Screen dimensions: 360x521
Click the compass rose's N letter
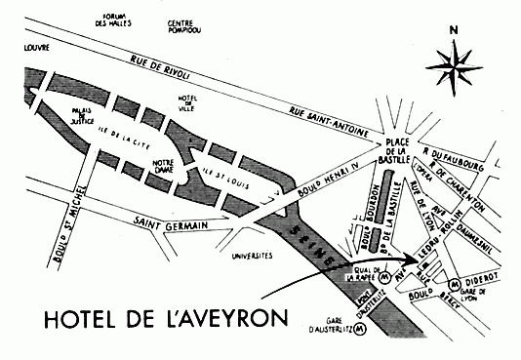pyautogui.click(x=453, y=28)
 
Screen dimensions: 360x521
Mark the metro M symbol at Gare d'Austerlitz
pyautogui.click(x=362, y=331)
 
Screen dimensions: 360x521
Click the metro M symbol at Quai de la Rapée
pyautogui.click(x=384, y=277)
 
